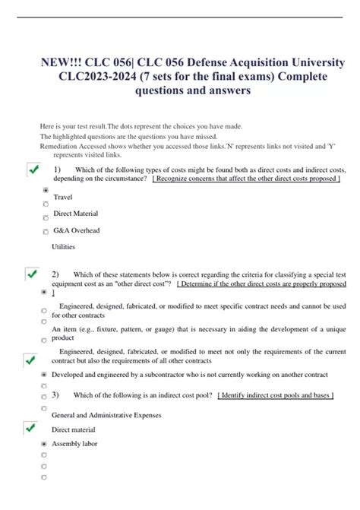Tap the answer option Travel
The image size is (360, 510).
click(63, 198)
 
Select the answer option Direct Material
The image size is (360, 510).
click(75, 214)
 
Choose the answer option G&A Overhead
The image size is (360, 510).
click(76, 230)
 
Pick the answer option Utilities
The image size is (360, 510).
click(64, 247)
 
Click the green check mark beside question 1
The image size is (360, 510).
click(33, 170)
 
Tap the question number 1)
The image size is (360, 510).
click(57, 169)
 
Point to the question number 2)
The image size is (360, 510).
click(55, 274)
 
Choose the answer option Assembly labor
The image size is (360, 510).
click(74, 444)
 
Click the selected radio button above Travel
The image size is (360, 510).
click(46, 189)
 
